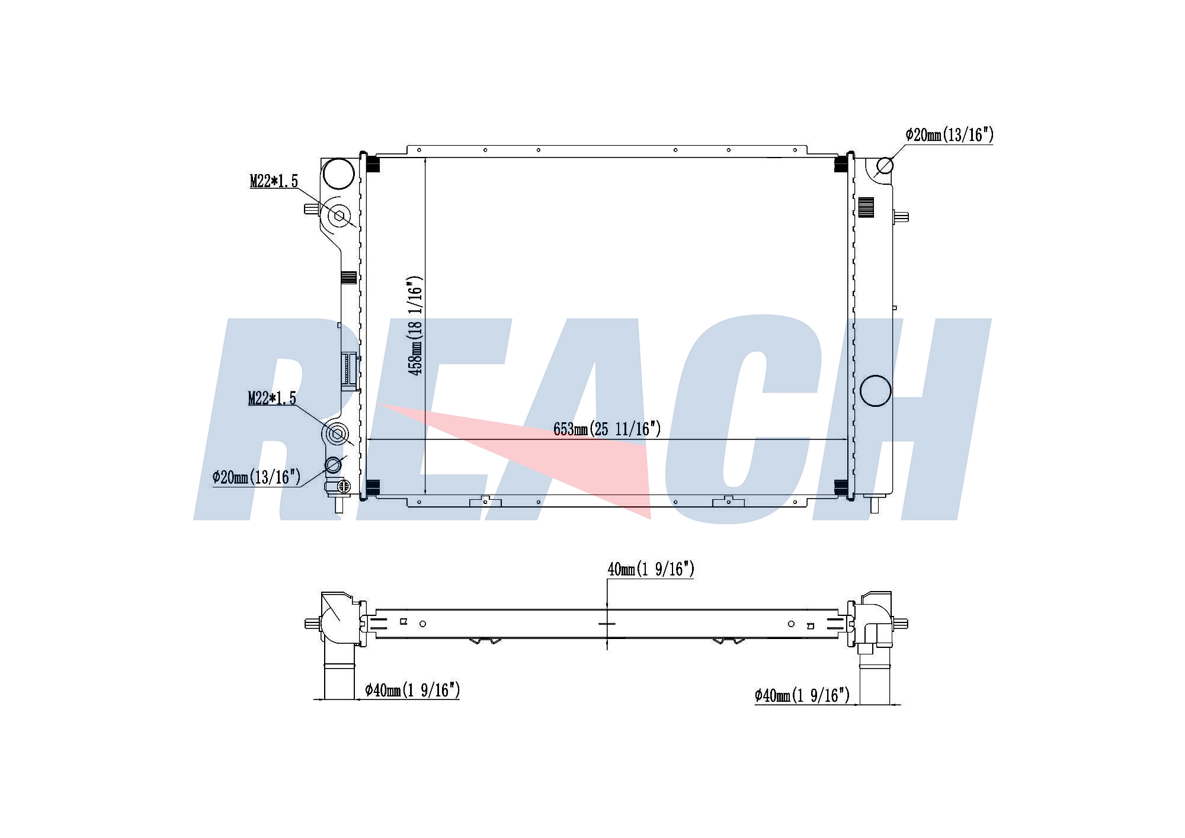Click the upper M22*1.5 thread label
(x=274, y=181)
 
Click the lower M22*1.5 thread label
(x=272, y=399)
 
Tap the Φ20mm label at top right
(x=949, y=135)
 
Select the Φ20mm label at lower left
(x=257, y=477)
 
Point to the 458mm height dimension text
(x=415, y=326)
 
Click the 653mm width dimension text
(x=607, y=429)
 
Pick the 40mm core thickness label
(x=651, y=569)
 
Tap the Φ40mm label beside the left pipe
(x=412, y=690)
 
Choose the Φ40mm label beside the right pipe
(x=802, y=695)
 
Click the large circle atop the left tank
(x=338, y=174)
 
